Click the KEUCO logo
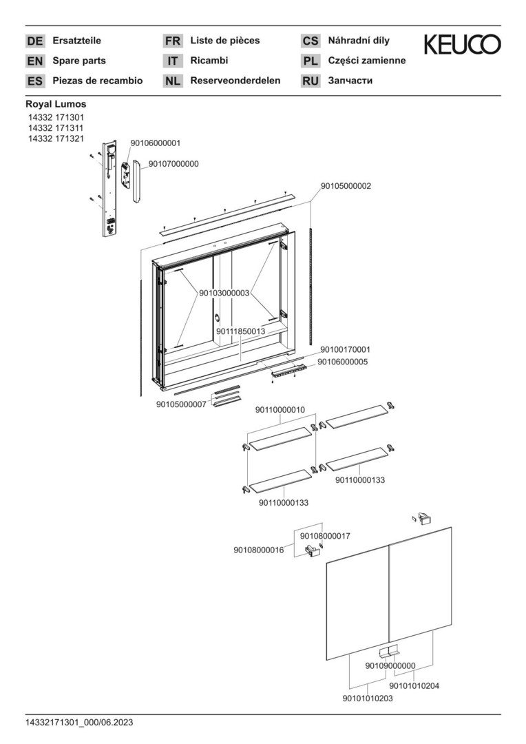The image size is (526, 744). tap(462, 45)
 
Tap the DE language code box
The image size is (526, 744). tap(34, 41)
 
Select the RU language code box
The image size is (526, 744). tap(311, 81)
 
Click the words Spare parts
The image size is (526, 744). tap(79, 61)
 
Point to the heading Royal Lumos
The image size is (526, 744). tap(56, 104)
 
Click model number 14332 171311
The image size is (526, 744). tap(56, 128)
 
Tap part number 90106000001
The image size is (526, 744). tap(156, 143)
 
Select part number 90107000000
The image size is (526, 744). tap(173, 164)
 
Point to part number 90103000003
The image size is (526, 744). tap(224, 293)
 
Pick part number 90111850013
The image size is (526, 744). tap(240, 331)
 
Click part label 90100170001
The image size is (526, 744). tap(345, 350)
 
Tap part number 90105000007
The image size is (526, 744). tap(181, 404)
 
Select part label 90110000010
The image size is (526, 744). tap(280, 410)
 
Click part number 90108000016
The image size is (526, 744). tap(258, 550)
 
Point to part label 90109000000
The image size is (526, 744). tap(390, 665)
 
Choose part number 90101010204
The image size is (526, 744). tap(414, 685)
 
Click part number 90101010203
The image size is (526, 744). tap(368, 699)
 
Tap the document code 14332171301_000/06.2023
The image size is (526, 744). tap(79, 723)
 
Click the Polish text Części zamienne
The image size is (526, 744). tap(367, 61)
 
